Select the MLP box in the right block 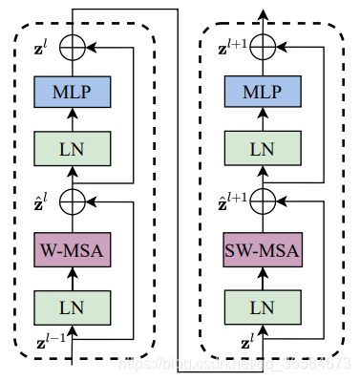click(x=263, y=93)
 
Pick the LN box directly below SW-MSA click(x=263, y=307)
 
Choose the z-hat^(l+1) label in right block click(x=229, y=201)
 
